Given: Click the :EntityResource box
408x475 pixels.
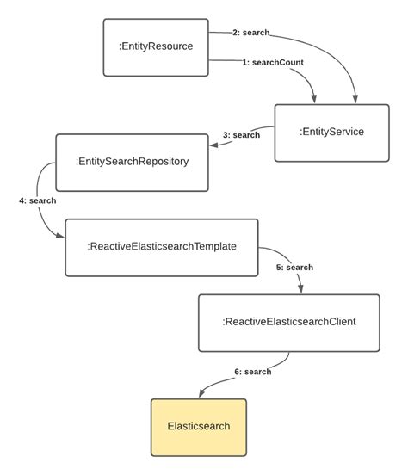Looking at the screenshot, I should [x=156, y=47].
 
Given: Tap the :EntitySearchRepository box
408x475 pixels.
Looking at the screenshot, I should [x=132, y=162].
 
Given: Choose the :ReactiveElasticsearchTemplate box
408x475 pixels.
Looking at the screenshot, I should [x=162, y=247].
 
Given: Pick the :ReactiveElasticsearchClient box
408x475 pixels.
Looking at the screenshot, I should [x=288, y=323].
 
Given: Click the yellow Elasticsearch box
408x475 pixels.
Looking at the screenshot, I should [x=199, y=427].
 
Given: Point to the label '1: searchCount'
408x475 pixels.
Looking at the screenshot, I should [x=272, y=63].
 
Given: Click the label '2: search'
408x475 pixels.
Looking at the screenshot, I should [x=250, y=33].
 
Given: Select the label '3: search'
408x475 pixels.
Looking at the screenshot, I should [x=241, y=135].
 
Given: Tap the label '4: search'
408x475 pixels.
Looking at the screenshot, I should [x=37, y=200].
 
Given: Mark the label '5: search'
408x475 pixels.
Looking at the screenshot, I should [x=294, y=268].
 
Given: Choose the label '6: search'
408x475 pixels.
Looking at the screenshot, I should [x=252, y=372].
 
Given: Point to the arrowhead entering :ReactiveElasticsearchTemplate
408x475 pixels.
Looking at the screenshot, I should [x=59, y=235].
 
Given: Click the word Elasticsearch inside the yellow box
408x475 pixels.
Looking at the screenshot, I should [x=199, y=427].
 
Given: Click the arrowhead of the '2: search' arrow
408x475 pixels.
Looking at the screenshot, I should [x=355, y=98].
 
